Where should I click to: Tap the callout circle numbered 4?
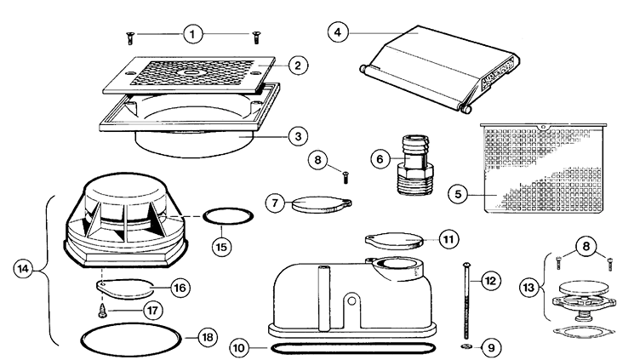coord(339,32)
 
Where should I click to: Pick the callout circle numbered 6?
coord(381,158)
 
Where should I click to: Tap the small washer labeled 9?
coord(466,346)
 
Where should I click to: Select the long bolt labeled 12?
coord(464,298)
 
